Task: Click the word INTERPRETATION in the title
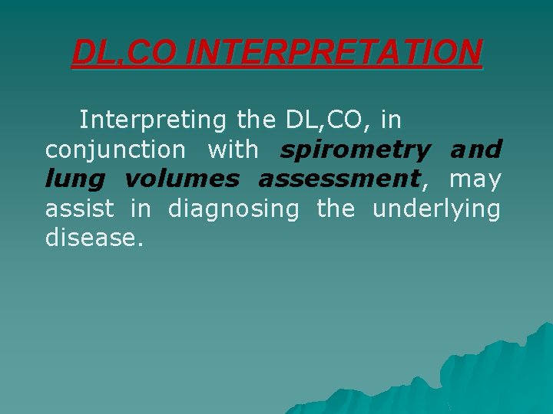click(x=334, y=52)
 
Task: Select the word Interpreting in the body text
click(x=153, y=120)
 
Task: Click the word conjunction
click(x=115, y=149)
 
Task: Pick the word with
click(x=233, y=149)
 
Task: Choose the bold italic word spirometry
click(x=355, y=149)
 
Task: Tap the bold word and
click(x=476, y=149)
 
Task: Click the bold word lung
click(x=71, y=179)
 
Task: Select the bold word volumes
click(x=181, y=179)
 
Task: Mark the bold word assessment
click(x=339, y=179)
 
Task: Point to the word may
click(x=475, y=179)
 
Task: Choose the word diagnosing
click(x=233, y=209)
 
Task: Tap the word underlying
click(x=436, y=209)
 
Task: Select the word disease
click(x=94, y=238)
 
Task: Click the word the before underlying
click(x=336, y=209)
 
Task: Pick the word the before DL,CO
click(x=257, y=120)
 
